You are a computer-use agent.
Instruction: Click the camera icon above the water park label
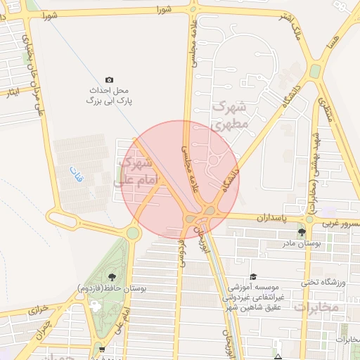(x=109, y=80)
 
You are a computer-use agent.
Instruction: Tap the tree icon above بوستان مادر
(x=302, y=232)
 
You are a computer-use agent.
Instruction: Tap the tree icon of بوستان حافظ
(x=112, y=275)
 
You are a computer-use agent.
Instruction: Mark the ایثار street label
(x=11, y=94)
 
